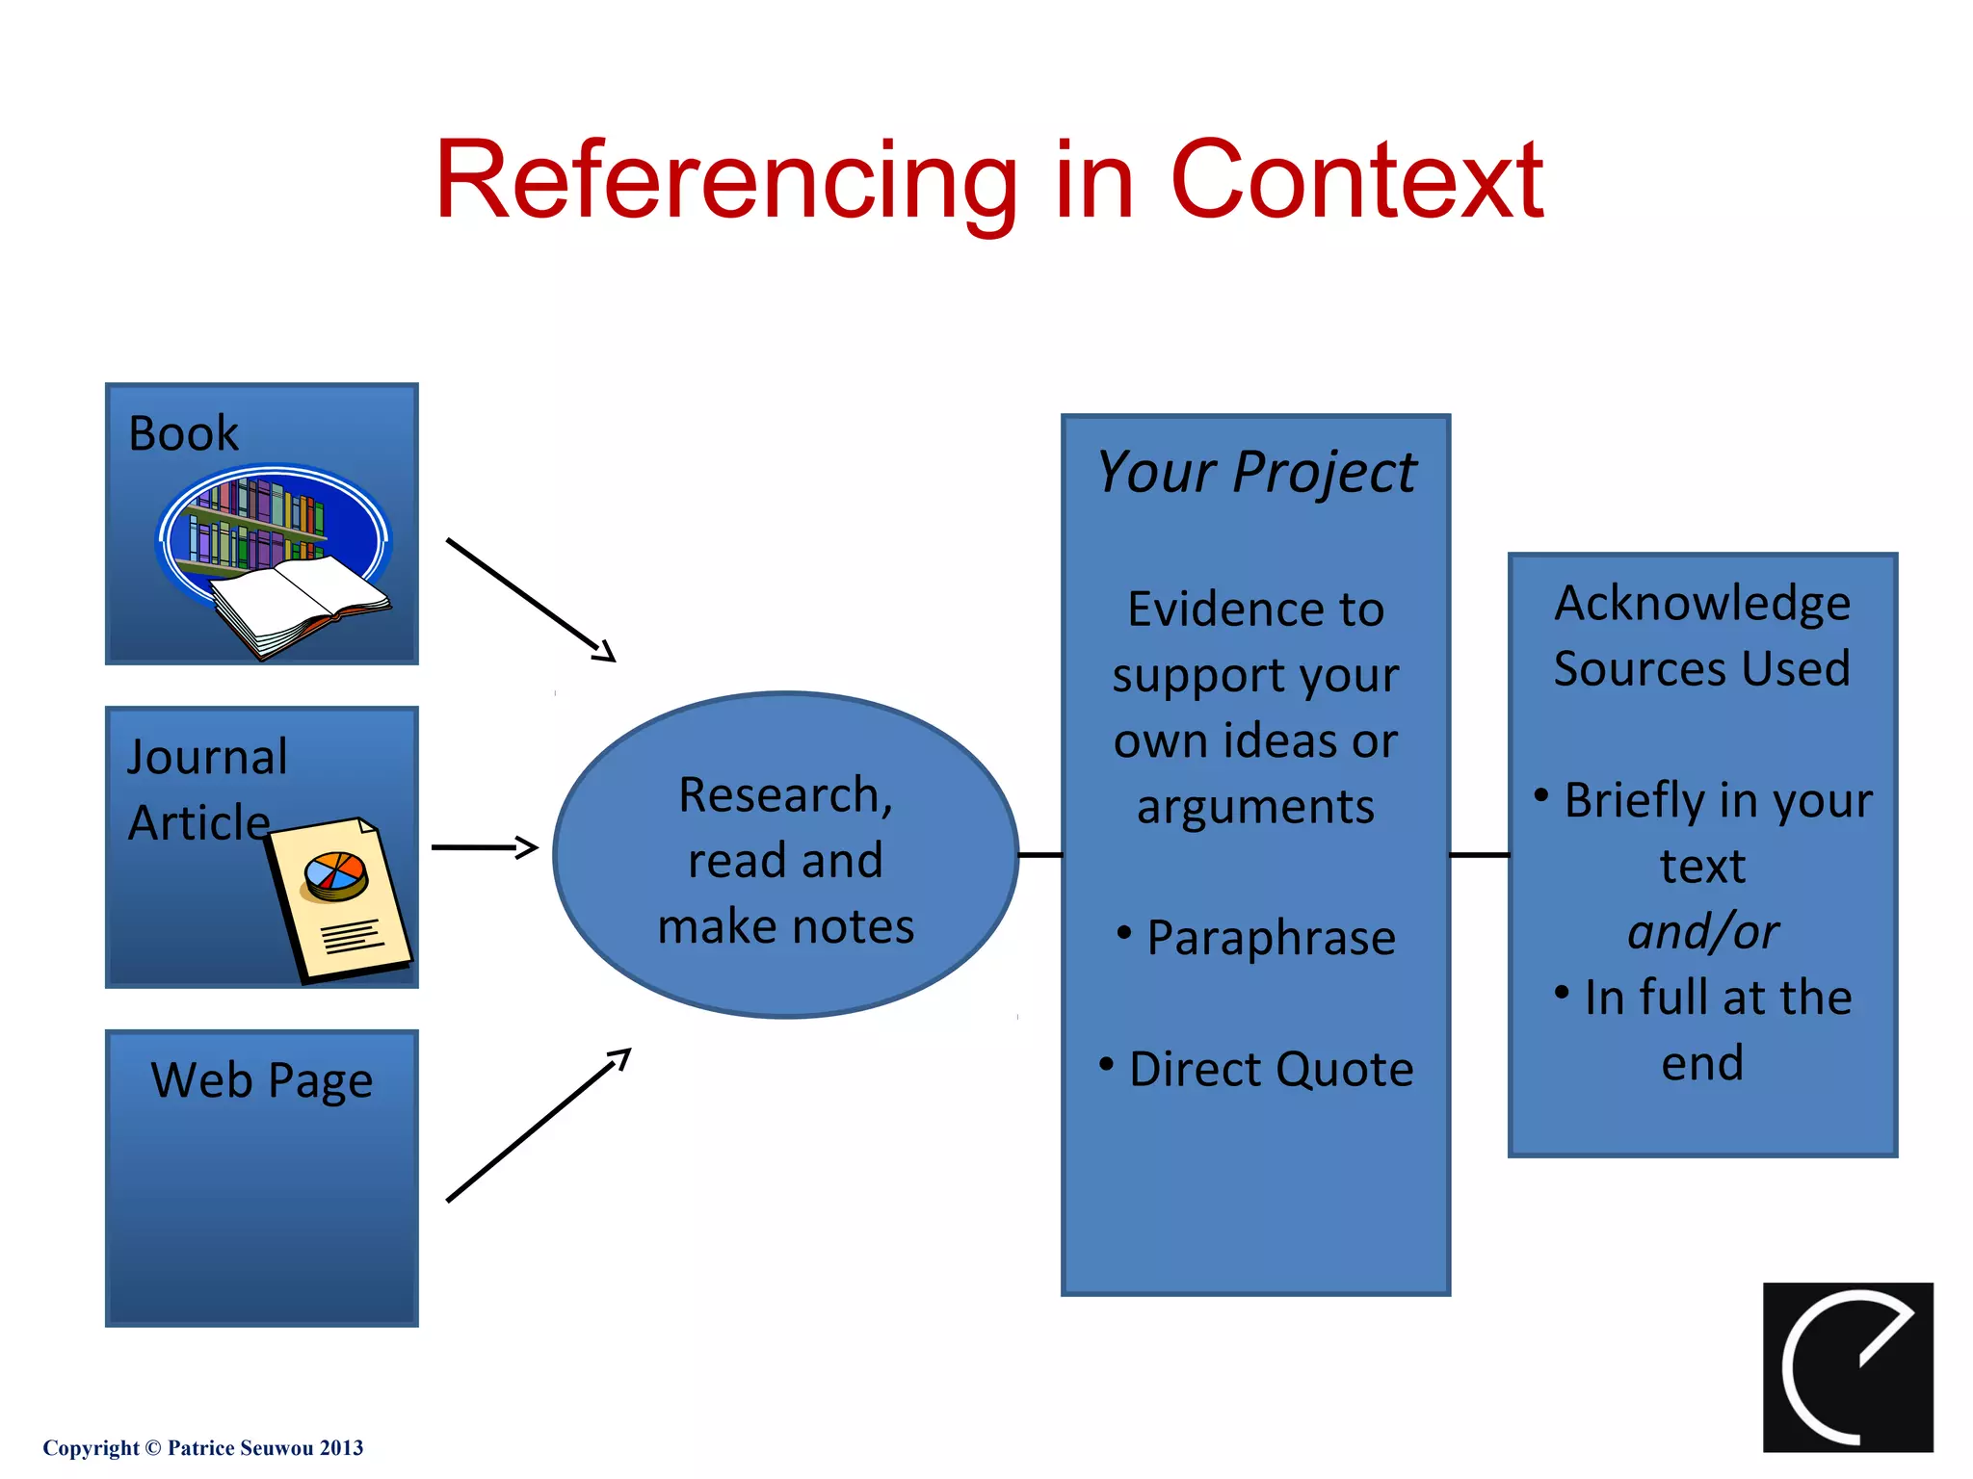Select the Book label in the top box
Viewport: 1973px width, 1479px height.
coord(183,433)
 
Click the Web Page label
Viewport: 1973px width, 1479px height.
coord(261,1080)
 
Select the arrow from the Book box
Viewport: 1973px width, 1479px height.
coord(530,600)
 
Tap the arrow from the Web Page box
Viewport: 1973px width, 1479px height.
coord(538,1126)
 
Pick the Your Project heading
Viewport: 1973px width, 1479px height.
coord(1256,473)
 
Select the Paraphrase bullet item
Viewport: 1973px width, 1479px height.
coord(1270,938)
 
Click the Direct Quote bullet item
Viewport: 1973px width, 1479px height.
coord(1270,1070)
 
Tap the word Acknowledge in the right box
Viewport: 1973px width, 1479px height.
coord(1701,604)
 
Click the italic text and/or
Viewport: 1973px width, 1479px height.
coord(1702,932)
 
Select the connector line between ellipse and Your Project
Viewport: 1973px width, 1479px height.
coord(1039,855)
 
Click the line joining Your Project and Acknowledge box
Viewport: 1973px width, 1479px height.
coord(1479,855)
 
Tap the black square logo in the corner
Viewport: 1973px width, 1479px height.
coord(1847,1366)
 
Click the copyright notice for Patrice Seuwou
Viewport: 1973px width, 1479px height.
coord(203,1448)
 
